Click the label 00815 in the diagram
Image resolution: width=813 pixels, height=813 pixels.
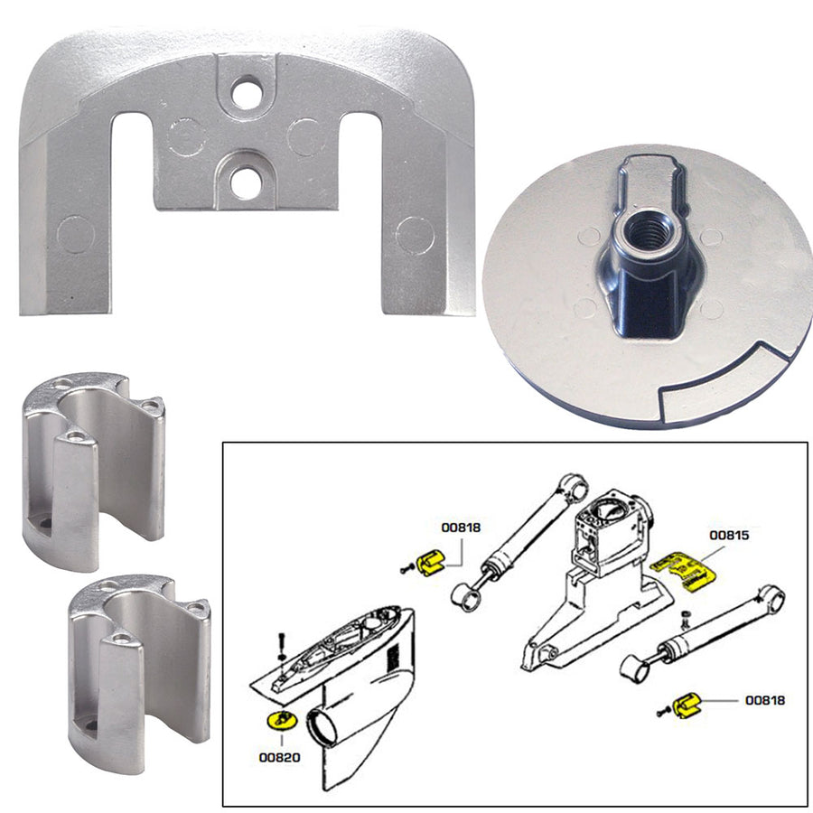729,535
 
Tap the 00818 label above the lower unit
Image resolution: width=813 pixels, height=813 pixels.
461,527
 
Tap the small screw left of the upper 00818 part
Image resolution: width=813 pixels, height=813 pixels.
404,569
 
